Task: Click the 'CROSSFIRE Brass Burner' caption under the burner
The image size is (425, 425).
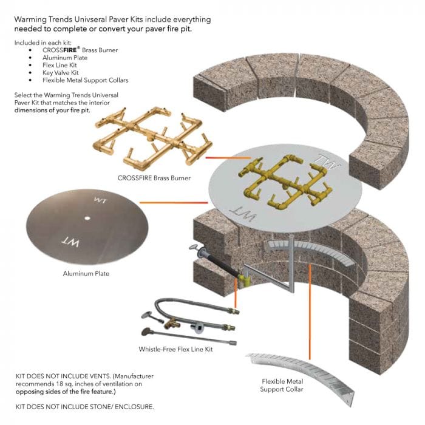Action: (x=154, y=178)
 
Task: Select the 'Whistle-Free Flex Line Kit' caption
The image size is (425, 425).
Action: (x=175, y=350)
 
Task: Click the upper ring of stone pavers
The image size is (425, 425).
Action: (x=304, y=91)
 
